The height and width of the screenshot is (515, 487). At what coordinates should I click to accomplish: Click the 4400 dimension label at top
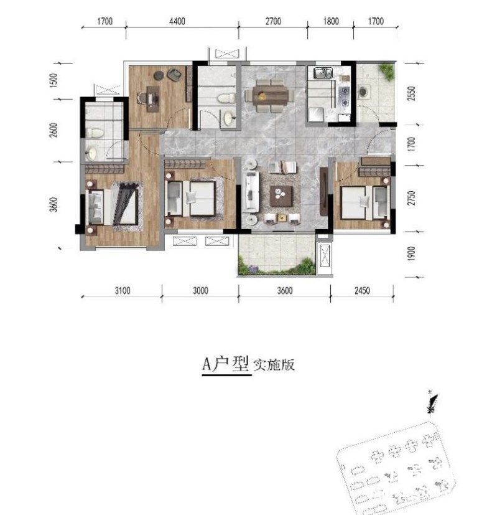click(177, 21)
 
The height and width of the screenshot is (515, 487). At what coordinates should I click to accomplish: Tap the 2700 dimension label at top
click(273, 21)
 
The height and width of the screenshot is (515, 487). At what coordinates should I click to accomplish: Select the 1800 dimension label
click(331, 21)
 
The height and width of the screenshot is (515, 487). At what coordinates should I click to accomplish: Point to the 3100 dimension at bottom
click(123, 291)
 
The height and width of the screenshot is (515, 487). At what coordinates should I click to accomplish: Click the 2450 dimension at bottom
click(362, 291)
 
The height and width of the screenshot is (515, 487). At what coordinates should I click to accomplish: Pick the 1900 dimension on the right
click(412, 254)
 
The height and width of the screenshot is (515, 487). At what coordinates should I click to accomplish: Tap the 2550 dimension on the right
click(412, 93)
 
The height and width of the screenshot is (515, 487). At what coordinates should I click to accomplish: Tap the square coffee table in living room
click(281, 196)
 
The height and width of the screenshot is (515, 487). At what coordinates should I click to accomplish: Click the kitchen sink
click(323, 73)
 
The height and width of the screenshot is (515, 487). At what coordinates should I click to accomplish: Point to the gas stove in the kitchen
click(345, 97)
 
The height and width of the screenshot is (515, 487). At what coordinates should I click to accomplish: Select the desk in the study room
click(153, 99)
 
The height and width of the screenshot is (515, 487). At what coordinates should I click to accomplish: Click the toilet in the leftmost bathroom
click(95, 133)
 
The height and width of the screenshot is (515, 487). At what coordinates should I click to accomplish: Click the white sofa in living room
click(251, 191)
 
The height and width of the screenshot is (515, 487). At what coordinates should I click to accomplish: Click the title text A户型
click(225, 364)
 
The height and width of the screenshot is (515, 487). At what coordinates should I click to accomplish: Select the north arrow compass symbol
click(431, 403)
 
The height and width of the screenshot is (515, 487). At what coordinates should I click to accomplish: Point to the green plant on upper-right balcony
click(387, 72)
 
